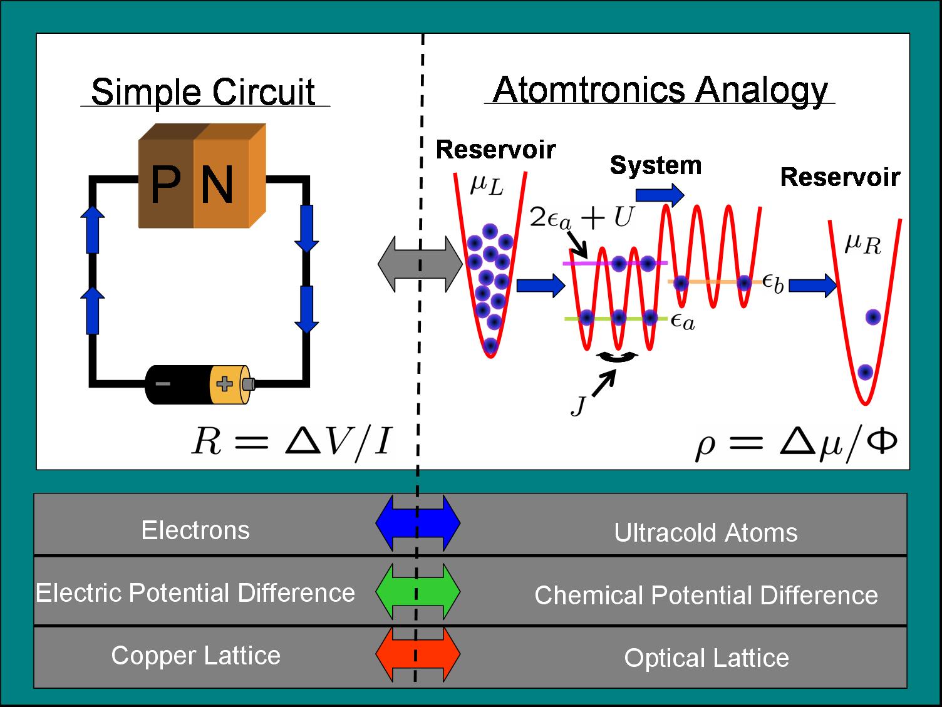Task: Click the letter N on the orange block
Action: click(217, 184)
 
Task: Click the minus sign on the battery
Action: click(162, 383)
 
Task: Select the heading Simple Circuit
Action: click(203, 92)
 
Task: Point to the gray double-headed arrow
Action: click(420, 264)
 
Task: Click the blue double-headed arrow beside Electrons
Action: click(418, 522)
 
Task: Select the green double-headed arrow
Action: click(418, 591)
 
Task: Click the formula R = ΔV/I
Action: click(291, 441)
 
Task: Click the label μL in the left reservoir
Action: click(487, 185)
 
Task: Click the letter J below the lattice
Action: click(579, 406)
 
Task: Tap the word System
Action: click(655, 165)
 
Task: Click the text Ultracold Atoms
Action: click(705, 533)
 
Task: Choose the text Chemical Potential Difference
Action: click(706, 595)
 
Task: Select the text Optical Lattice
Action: click(706, 658)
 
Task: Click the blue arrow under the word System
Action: click(660, 195)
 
